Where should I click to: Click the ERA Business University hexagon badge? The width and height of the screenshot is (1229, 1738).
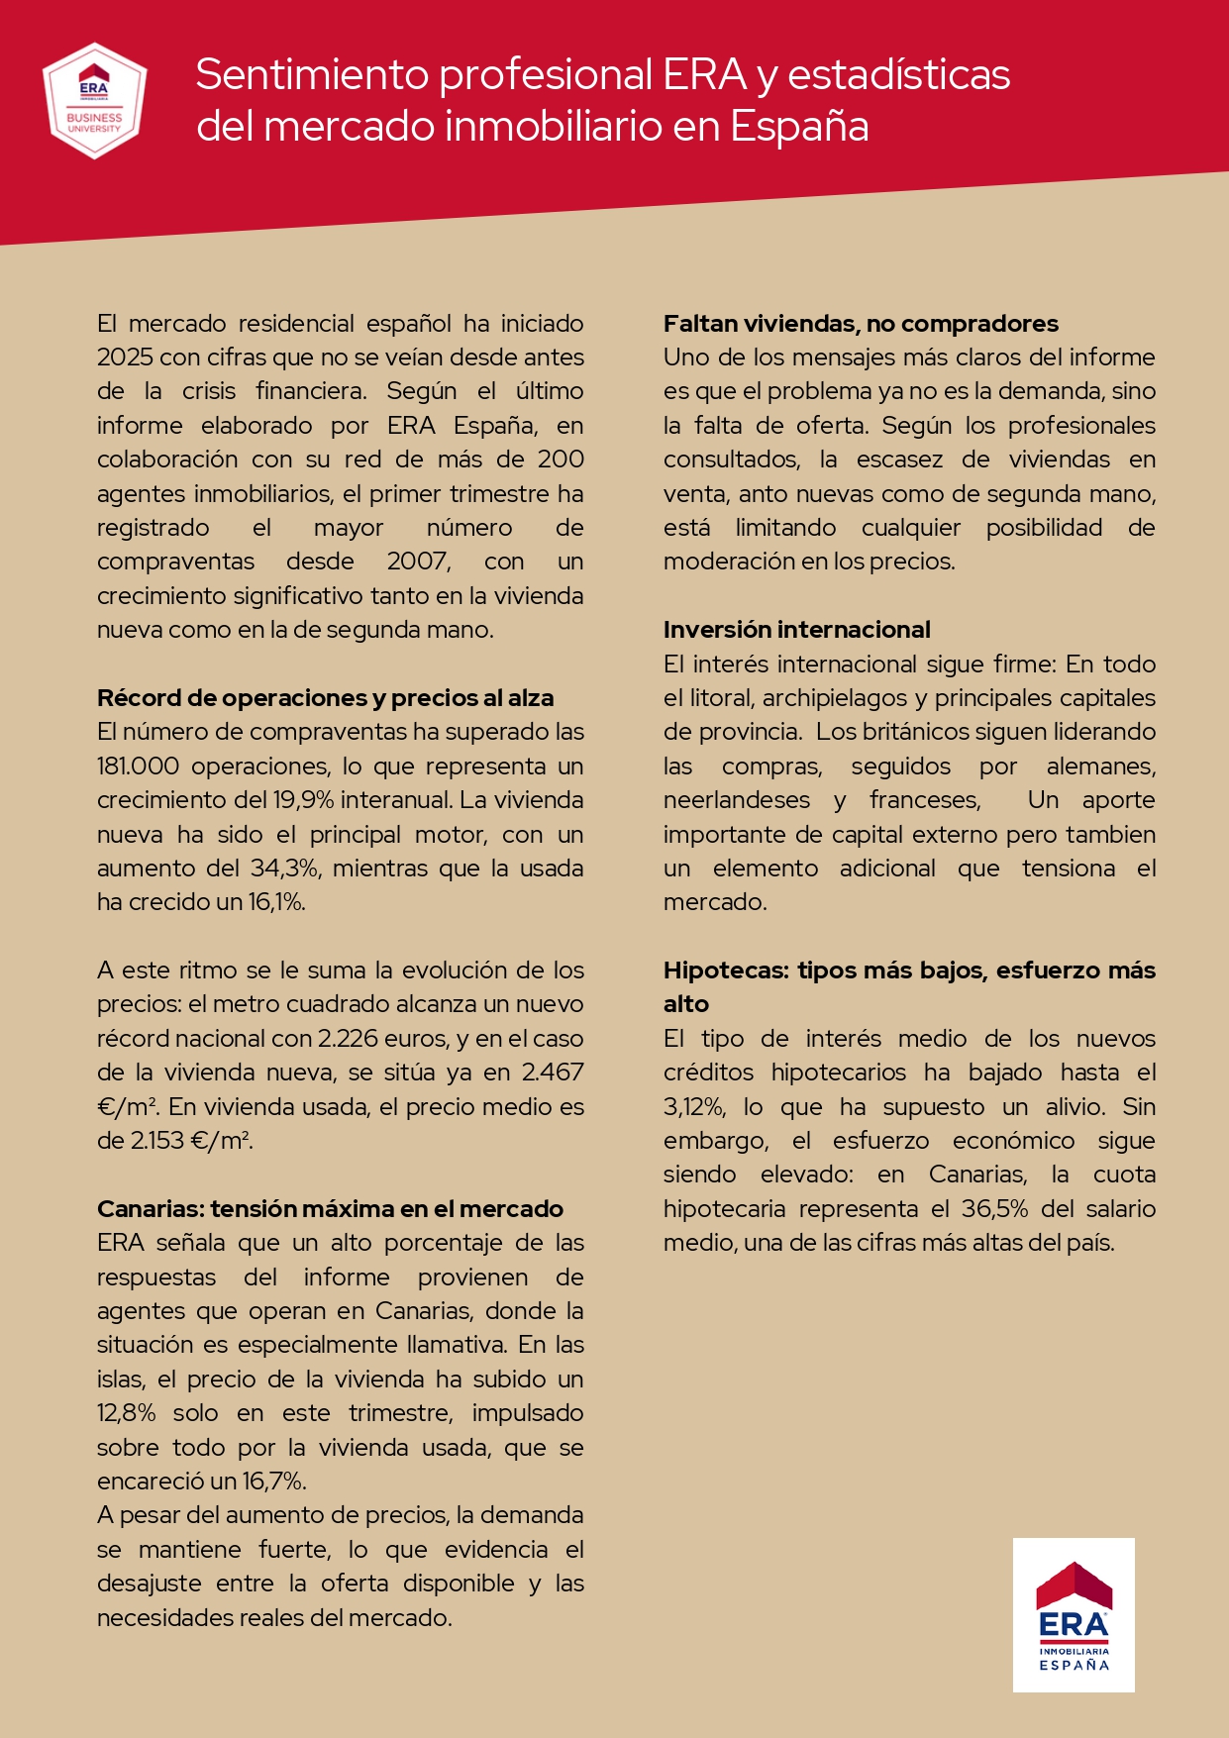(x=95, y=100)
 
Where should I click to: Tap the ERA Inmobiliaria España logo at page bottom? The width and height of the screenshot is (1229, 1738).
(x=1074, y=1614)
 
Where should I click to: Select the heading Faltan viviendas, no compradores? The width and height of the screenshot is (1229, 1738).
(x=861, y=324)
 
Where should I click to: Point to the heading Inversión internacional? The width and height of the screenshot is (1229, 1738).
(x=796, y=630)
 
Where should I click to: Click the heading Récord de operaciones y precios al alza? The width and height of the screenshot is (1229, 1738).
(x=325, y=698)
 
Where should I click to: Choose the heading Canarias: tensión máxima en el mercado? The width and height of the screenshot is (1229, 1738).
(x=330, y=1209)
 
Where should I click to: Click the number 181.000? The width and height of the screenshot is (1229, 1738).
(x=138, y=767)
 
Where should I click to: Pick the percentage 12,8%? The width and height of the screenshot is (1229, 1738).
(x=126, y=1413)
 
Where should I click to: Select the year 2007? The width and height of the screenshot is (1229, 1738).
(x=418, y=562)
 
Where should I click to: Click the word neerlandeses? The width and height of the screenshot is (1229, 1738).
(x=736, y=800)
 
